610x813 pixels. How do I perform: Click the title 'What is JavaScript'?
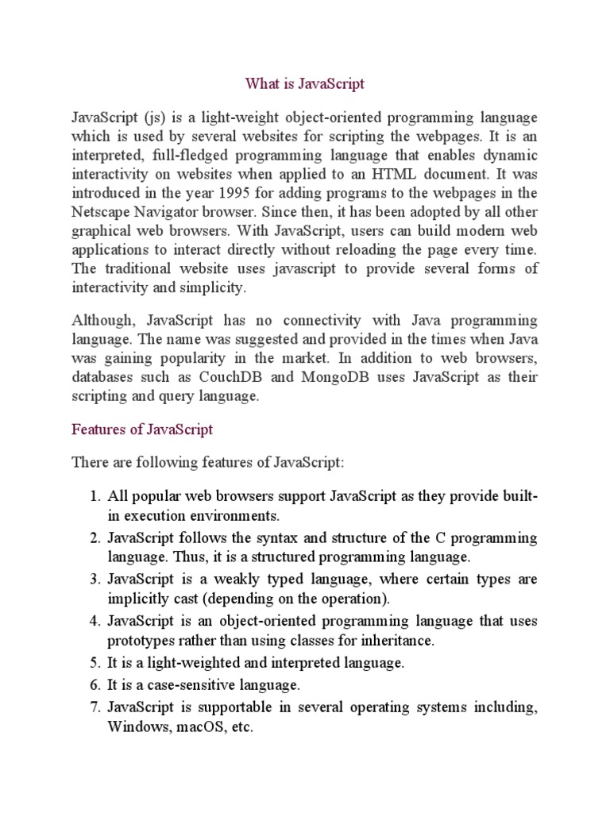point(304,83)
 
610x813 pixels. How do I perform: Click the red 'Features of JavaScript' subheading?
point(142,430)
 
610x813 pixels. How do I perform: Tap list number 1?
point(93,496)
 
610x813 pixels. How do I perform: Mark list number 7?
point(93,707)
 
